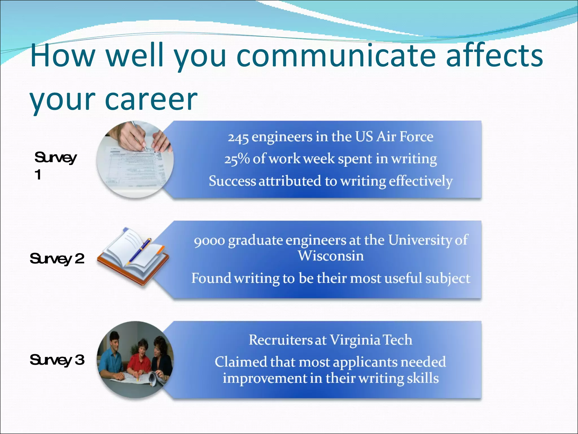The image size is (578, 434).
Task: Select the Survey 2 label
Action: (57, 259)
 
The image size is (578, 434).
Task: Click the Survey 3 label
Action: (57, 360)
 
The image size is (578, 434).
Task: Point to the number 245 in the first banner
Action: (238, 138)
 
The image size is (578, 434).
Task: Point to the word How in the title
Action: (63, 56)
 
